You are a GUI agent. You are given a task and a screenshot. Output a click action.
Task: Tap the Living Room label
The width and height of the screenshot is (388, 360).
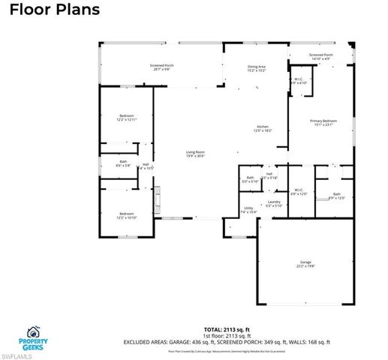tap(195, 154)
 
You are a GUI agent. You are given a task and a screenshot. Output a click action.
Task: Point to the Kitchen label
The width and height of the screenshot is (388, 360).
tap(263, 128)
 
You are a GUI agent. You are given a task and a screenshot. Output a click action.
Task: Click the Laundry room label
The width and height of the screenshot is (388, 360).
tap(273, 204)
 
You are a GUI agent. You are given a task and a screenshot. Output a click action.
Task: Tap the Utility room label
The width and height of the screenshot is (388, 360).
tap(248, 210)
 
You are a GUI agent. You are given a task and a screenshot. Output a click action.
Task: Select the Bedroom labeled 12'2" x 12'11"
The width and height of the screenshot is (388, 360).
tap(127, 118)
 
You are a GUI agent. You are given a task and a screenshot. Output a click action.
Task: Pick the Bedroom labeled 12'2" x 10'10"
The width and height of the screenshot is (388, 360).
tap(127, 215)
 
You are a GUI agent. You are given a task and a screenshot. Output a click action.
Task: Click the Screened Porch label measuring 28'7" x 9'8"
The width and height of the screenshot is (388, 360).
tap(162, 67)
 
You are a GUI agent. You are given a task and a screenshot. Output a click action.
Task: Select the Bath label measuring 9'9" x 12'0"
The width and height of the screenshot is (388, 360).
tap(338, 196)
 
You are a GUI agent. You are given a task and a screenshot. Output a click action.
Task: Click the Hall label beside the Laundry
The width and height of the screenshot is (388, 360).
tap(270, 175)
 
